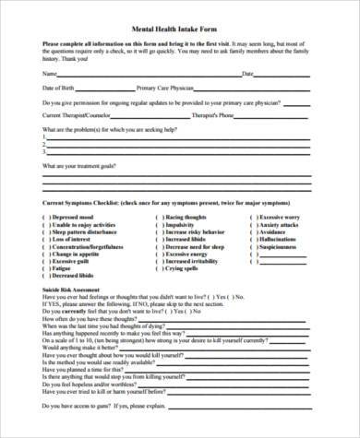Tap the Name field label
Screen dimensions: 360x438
coord(50,74)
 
